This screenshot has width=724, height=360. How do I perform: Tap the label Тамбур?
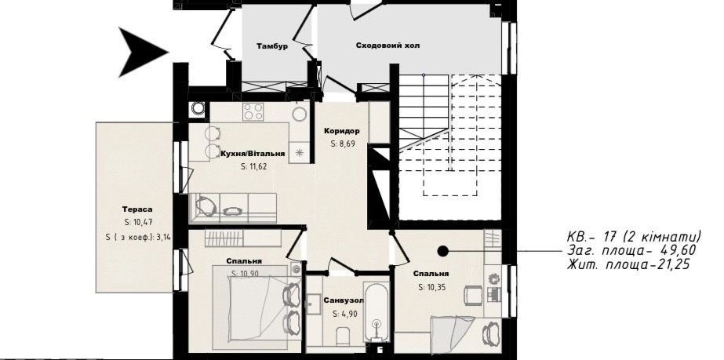tap(272, 46)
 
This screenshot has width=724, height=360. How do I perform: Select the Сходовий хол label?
tap(387, 45)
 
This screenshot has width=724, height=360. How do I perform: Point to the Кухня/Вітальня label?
tap(253, 154)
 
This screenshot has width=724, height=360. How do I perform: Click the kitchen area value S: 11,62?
tap(254, 166)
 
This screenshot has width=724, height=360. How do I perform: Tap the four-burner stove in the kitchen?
tap(253, 111)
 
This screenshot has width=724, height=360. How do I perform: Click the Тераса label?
tap(134, 209)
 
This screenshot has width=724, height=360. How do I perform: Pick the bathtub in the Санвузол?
tap(377, 311)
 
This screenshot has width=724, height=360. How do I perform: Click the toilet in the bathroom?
tap(344, 336)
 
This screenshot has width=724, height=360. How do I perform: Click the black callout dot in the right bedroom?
tap(442, 251)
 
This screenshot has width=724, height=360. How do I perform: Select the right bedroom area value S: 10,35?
tap(432, 287)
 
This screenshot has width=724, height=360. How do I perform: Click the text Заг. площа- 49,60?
tap(632, 251)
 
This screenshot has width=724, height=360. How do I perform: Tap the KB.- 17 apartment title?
tap(635, 237)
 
